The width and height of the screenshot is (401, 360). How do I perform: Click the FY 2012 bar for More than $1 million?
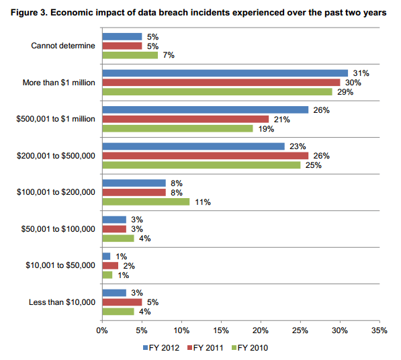coord(224,73)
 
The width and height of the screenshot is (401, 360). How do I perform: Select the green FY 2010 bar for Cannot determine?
coord(129,55)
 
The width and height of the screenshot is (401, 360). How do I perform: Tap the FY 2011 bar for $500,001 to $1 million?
coord(185,119)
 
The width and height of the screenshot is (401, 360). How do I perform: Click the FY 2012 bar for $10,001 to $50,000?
coord(105,255)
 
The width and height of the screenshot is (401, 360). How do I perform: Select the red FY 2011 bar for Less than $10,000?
coord(121,302)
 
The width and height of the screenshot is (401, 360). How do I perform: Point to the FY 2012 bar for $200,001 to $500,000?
coord(193,146)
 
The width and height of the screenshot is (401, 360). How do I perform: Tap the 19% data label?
coord(263,128)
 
